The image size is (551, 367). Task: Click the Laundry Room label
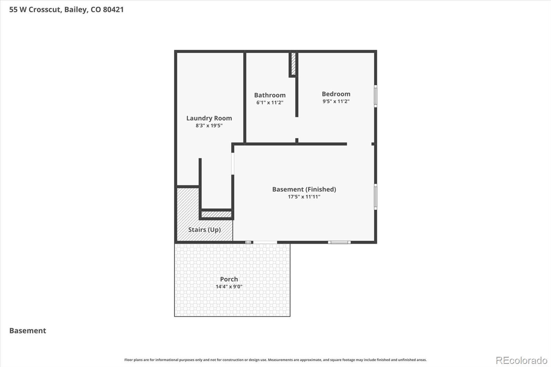[209, 118]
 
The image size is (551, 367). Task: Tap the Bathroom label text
[270, 95]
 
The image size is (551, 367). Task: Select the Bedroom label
[336, 94]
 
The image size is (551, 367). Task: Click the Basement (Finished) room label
[304, 189]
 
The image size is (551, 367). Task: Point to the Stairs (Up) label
[204, 230]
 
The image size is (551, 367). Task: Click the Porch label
[229, 279]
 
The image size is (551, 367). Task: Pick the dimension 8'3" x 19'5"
[209, 126]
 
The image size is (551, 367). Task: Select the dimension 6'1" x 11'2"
[270, 103]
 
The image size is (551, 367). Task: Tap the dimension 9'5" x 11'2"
[336, 101]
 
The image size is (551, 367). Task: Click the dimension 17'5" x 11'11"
[304, 197]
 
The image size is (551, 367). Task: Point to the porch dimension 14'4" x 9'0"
[229, 286]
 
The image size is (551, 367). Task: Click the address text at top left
[66, 10]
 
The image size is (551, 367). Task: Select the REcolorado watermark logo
[521, 360]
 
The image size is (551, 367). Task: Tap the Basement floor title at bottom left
[28, 331]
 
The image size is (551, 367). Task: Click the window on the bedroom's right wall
[375, 96]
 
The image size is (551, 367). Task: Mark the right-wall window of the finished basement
[375, 197]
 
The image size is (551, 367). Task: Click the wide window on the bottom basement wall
[339, 242]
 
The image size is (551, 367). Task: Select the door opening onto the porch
[265, 242]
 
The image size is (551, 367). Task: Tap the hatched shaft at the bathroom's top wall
[293, 63]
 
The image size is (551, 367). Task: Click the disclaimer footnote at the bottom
[275, 360]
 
